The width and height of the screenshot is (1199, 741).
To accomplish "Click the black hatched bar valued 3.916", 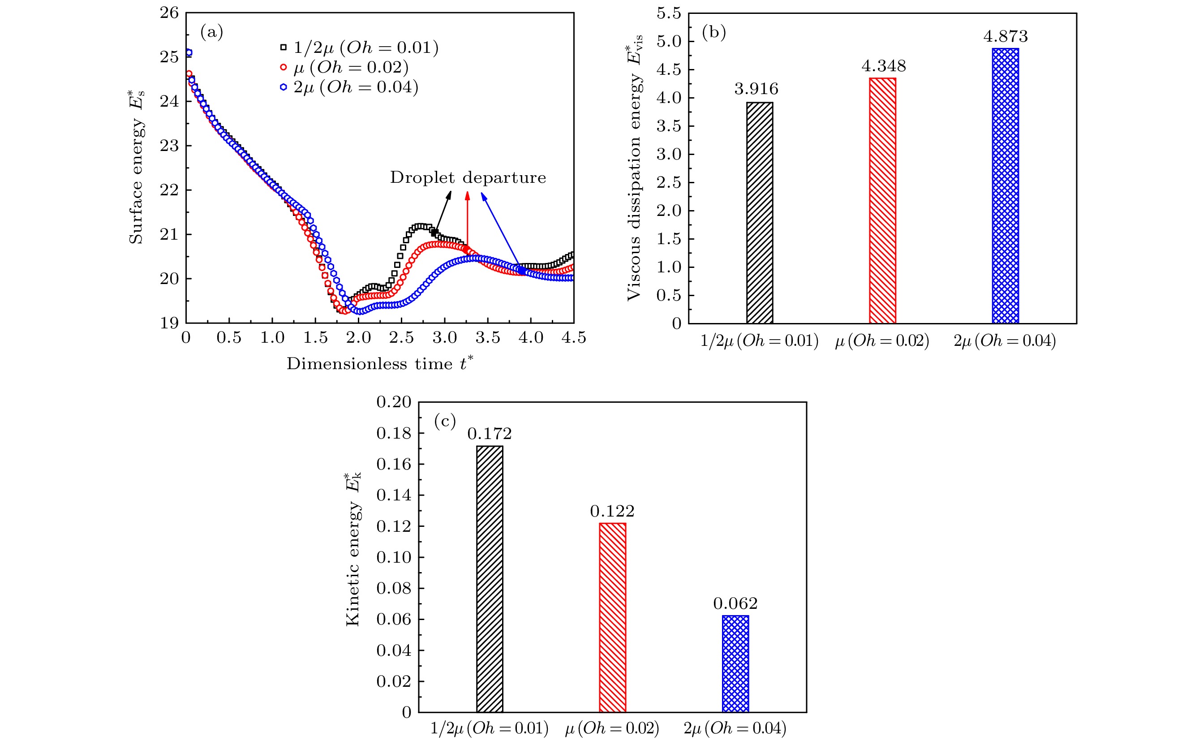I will point(760,213).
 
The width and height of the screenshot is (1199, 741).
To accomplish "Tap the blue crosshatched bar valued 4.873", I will point(1006,186).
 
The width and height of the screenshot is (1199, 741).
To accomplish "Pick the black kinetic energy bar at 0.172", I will point(490,579).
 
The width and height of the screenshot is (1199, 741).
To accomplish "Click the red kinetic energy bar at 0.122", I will point(612,617).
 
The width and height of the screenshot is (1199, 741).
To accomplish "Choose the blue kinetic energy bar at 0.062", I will point(735,663).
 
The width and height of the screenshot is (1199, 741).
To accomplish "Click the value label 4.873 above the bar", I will point(1006,36).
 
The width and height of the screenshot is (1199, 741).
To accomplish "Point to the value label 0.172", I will point(490,434).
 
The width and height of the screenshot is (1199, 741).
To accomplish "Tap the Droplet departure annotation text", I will point(468,177).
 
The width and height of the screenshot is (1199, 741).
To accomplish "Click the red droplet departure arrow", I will point(467,220).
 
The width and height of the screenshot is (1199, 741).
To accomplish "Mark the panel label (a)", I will point(212,32).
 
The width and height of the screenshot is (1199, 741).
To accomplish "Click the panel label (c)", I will point(445,421).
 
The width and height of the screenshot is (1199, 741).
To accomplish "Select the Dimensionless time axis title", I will point(380,364).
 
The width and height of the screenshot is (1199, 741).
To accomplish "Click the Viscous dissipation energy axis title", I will point(635,167).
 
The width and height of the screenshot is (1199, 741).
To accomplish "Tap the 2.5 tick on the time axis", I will point(401,338).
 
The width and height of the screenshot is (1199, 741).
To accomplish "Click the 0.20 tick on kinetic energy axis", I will point(393,402).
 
